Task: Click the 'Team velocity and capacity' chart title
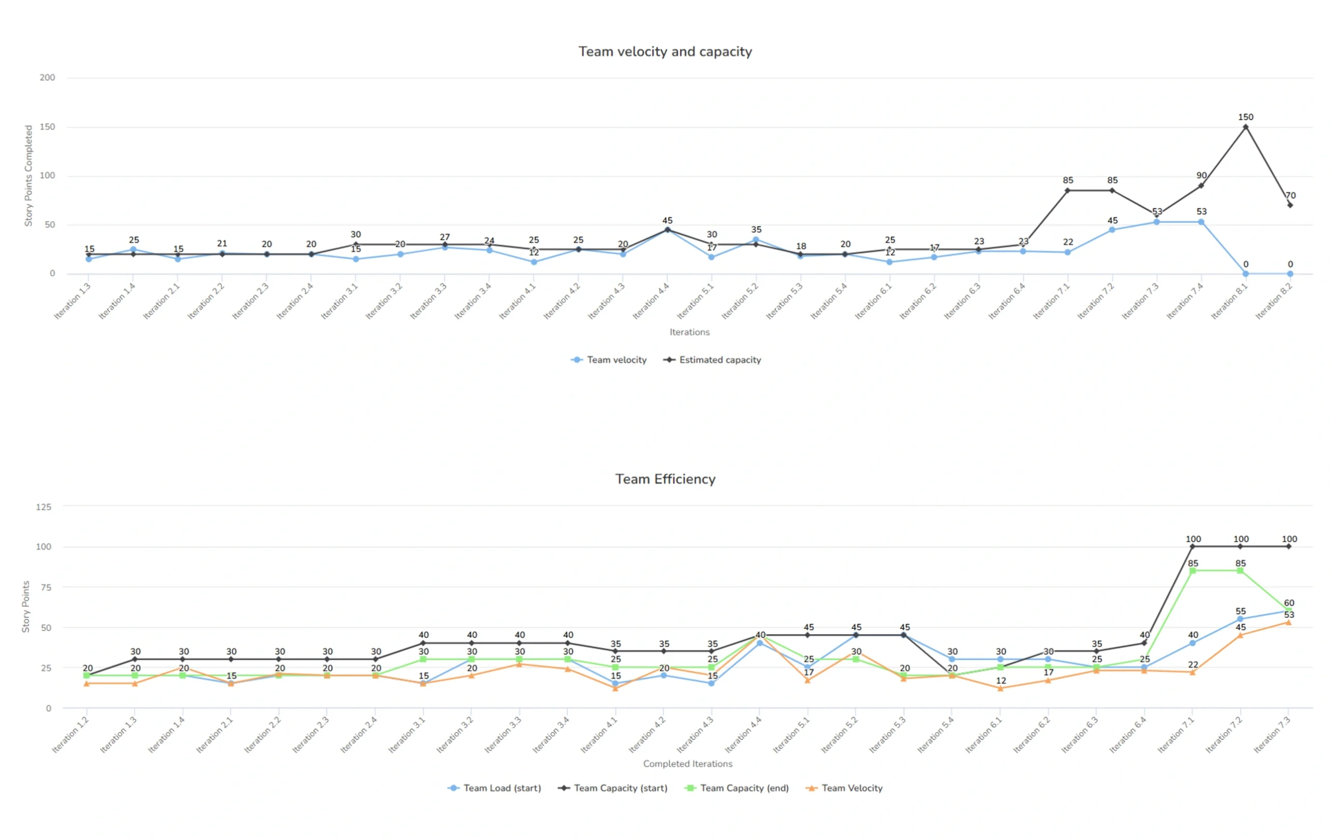click(x=665, y=51)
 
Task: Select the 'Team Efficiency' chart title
click(x=665, y=478)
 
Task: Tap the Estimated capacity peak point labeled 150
click(x=1245, y=127)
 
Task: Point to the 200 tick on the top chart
click(x=47, y=78)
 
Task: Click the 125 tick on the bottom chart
click(x=44, y=507)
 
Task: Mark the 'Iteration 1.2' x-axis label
click(x=71, y=735)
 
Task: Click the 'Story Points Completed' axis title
click(x=29, y=176)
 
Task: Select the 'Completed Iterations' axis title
click(x=688, y=764)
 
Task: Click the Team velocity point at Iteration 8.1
click(x=1245, y=273)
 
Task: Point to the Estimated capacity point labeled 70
click(x=1290, y=205)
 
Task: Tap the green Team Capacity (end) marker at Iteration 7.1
click(x=1193, y=571)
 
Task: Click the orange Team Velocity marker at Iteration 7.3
click(x=1288, y=623)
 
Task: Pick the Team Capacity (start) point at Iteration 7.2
click(x=1241, y=546)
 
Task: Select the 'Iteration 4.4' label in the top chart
click(x=651, y=301)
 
